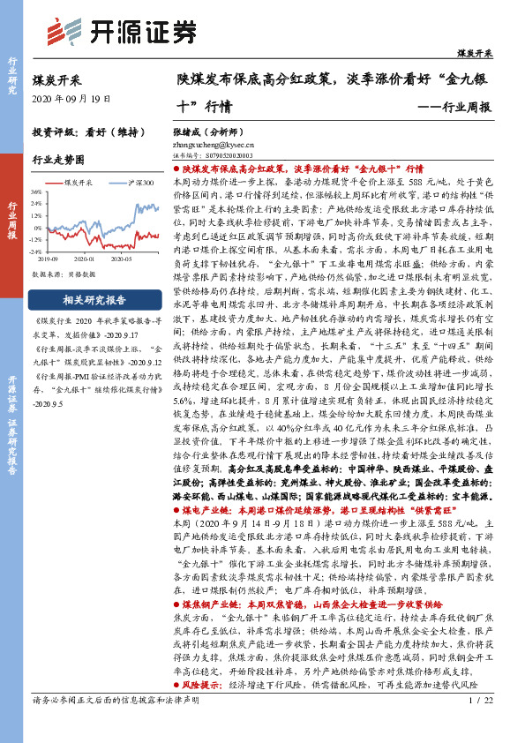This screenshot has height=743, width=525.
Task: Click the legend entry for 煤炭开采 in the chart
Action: pos(79,180)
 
